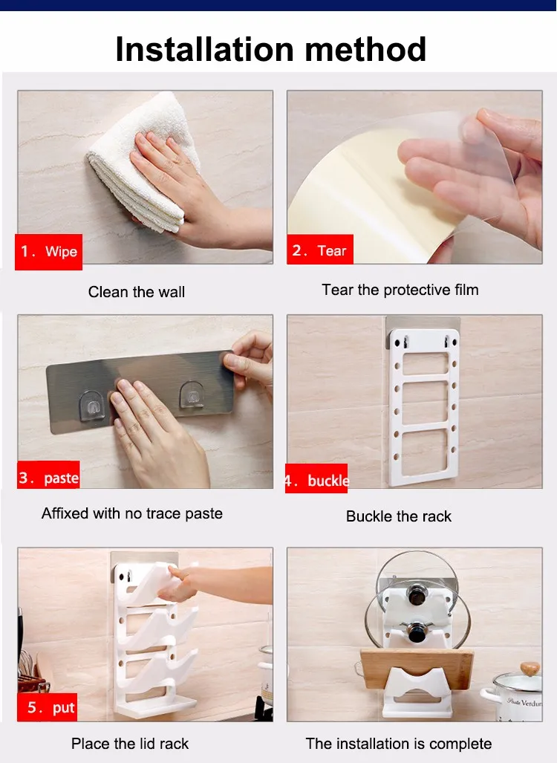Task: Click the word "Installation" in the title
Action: (x=204, y=49)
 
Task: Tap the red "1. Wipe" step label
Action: (x=49, y=252)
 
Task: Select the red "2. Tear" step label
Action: (x=319, y=250)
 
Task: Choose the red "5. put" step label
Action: (x=48, y=707)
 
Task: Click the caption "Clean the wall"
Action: (x=136, y=292)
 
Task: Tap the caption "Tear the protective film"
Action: (x=400, y=290)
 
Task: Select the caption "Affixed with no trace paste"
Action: (x=132, y=513)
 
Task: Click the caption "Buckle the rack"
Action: (x=398, y=516)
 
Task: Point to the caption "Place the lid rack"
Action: (x=130, y=744)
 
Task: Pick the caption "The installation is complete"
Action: (x=398, y=744)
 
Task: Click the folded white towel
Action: (x=141, y=160)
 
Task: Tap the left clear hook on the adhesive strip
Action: (x=91, y=405)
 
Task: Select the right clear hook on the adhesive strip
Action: (x=192, y=395)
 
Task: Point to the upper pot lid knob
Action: (x=417, y=594)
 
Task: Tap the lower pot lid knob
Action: (x=417, y=631)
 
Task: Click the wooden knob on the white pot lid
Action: (x=530, y=669)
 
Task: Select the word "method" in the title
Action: (x=366, y=49)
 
